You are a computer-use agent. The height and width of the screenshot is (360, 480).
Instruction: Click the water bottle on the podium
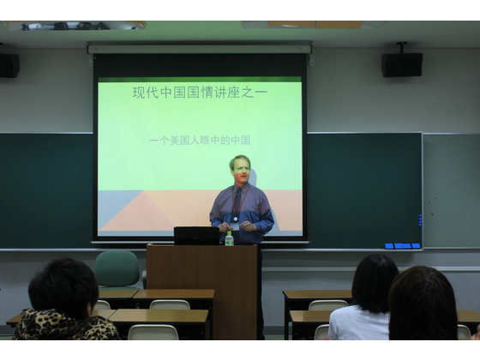pyautogui.click(x=230, y=238)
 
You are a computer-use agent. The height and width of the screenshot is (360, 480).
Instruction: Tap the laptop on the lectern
pyautogui.click(x=196, y=236)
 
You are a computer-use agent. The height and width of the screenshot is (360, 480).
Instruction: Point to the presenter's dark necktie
pyautogui.click(x=238, y=201)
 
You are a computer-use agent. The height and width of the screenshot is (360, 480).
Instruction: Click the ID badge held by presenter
pyautogui.click(x=235, y=227)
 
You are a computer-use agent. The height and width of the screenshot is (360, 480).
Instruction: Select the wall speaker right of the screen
pyautogui.click(x=402, y=64)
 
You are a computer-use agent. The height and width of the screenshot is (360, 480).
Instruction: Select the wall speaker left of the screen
pyautogui.click(x=9, y=65)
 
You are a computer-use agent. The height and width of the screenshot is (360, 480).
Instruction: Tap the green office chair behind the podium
pyautogui.click(x=117, y=269)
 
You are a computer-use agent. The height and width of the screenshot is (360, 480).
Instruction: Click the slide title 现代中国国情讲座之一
pyautogui.click(x=200, y=93)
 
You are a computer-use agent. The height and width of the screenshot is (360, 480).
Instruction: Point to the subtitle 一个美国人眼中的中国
pyautogui.click(x=200, y=141)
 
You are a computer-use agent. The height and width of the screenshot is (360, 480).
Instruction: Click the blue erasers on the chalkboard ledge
pyautogui.click(x=402, y=246)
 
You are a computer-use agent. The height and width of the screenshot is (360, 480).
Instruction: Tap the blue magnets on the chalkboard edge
pyautogui.click(x=420, y=220)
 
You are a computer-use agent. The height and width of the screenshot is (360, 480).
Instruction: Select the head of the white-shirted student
pyautogui.click(x=375, y=282)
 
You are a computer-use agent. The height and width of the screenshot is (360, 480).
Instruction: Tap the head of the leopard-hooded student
pyautogui.click(x=63, y=287)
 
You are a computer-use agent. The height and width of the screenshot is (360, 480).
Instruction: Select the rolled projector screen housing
pyautogui.click(x=199, y=49)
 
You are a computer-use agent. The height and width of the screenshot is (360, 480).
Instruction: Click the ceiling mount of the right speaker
pyautogui.click(x=401, y=47)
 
